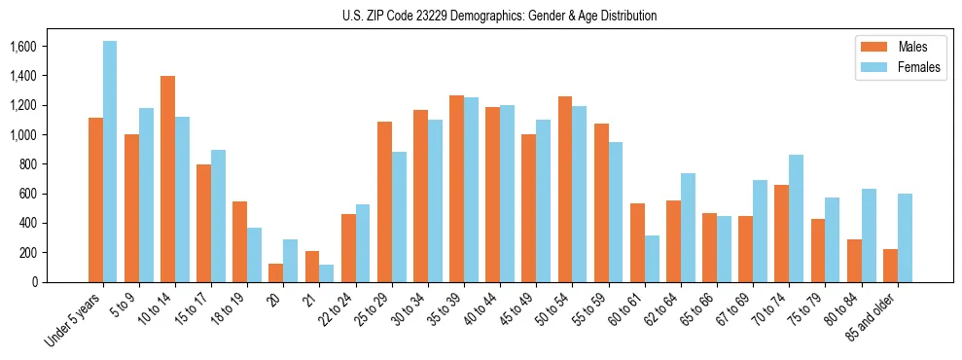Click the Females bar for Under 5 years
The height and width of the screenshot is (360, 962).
tap(110, 162)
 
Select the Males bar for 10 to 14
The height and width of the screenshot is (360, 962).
tap(167, 179)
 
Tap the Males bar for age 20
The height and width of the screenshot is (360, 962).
tap(275, 272)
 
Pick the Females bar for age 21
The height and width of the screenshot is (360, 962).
tap(326, 273)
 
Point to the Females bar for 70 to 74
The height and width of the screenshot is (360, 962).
tap(796, 218)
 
